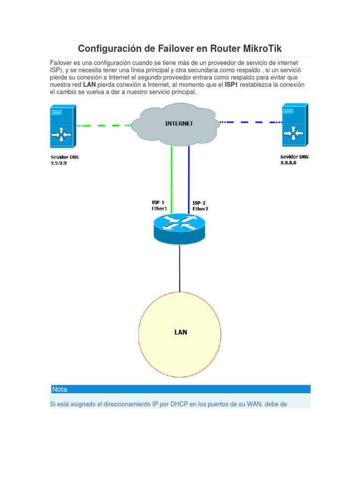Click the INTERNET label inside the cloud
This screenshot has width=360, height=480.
pos(179,124)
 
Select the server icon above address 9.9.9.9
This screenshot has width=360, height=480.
pos(61,127)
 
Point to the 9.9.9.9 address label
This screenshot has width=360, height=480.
pos(60,164)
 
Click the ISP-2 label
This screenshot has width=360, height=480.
pos(199,203)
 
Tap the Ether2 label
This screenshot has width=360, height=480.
pos(200,209)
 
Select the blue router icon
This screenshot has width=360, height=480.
pos(180,227)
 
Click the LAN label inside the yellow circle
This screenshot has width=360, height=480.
pos(180,332)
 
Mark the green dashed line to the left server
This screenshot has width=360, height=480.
pos(103,125)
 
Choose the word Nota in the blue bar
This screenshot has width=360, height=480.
pos(60,389)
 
